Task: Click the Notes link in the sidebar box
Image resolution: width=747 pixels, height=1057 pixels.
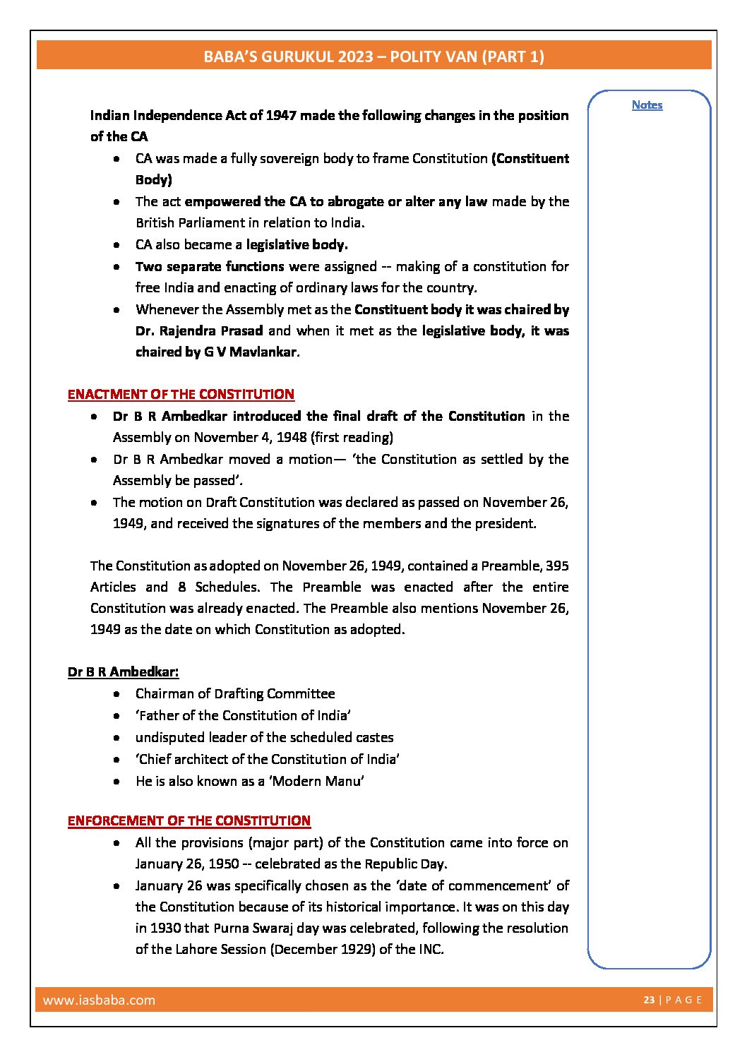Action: click(x=647, y=104)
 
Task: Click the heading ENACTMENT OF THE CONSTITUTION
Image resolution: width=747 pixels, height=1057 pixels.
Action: click(x=181, y=394)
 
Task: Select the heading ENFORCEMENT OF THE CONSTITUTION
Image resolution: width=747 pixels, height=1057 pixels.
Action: click(x=189, y=820)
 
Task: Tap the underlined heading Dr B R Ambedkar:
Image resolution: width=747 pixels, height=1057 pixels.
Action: click(x=124, y=671)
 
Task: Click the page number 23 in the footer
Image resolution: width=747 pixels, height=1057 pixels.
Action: click(x=649, y=1000)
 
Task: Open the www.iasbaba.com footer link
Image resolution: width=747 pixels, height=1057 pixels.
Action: click(x=99, y=1000)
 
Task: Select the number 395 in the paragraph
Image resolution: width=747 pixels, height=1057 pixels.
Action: click(x=557, y=566)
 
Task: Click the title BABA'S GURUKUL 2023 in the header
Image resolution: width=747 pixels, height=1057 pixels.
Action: click(x=288, y=56)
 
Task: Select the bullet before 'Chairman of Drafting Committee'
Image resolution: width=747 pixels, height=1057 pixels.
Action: click(x=116, y=693)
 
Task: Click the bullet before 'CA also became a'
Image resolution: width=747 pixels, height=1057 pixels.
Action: click(x=116, y=245)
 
